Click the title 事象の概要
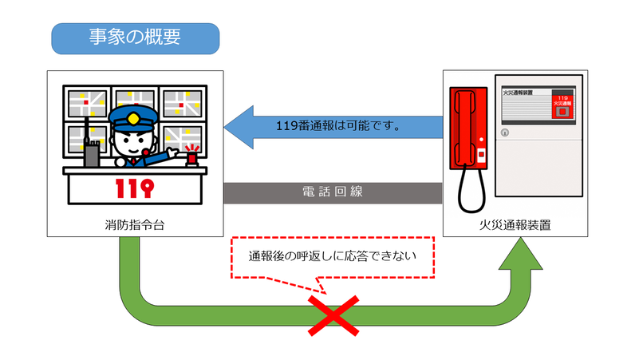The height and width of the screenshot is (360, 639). [x=134, y=38]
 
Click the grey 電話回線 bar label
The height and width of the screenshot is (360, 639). [x=333, y=192]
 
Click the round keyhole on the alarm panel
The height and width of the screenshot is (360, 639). [x=503, y=133]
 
